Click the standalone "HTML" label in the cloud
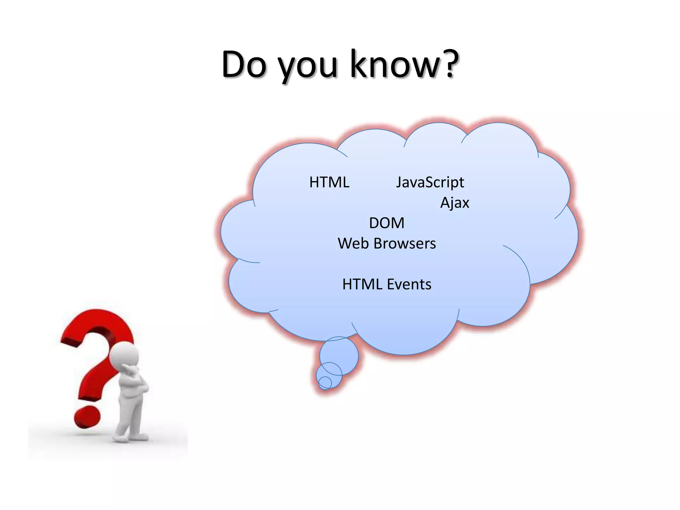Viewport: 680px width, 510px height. pyautogui.click(x=329, y=182)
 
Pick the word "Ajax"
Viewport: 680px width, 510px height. pyautogui.click(x=455, y=203)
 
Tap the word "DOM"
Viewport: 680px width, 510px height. pyautogui.click(x=387, y=223)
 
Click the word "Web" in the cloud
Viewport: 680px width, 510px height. pyautogui.click(x=353, y=244)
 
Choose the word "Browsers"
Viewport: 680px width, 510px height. pyautogui.click(x=404, y=244)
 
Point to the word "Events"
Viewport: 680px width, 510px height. pyautogui.click(x=409, y=285)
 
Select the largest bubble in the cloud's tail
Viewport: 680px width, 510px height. pyautogui.click(x=339, y=355)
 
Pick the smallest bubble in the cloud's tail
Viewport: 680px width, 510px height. pyautogui.click(x=325, y=382)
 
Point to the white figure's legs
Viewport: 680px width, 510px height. pyautogui.click(x=131, y=415)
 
